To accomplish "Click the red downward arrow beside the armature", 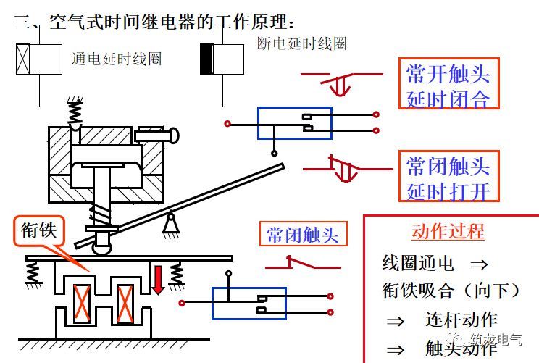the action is tap(158, 280).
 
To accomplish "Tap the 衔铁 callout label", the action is tap(39, 230).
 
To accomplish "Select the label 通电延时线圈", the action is tap(117, 59).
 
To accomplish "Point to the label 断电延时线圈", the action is tap(302, 43).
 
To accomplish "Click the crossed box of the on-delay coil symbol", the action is tap(23, 59).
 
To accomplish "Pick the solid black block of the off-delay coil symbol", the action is tap(206, 59).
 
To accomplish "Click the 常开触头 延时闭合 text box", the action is tap(448, 83).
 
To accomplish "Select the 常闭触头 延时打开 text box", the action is tap(448, 176).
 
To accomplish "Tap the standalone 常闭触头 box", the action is tap(303, 234).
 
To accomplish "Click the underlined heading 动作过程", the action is tap(448, 231).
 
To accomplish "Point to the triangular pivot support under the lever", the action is tap(171, 224).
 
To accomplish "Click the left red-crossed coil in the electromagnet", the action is tap(82, 304).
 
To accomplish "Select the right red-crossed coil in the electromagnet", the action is tap(125, 304).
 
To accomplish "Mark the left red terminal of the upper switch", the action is tap(227, 123).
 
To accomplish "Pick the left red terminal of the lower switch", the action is tap(182, 303).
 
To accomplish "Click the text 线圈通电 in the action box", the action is tap(418, 263).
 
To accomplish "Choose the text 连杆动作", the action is tap(461, 320).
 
